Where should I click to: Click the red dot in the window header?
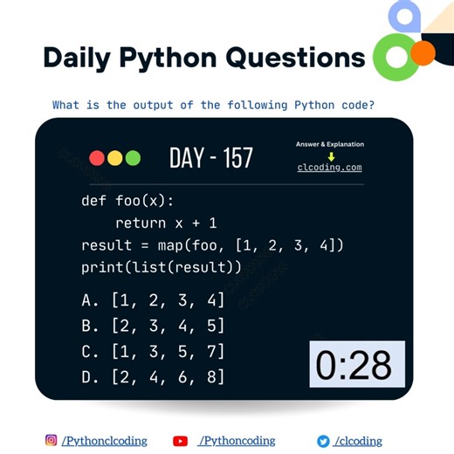[x=97, y=158]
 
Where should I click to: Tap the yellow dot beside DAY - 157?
[x=115, y=158]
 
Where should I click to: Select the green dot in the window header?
[x=133, y=158]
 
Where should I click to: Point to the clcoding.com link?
[x=329, y=168]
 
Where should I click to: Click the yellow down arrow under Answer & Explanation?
[x=331, y=156]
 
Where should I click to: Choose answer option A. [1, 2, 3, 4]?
[x=153, y=300]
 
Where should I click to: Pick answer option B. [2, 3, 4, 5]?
[x=153, y=326]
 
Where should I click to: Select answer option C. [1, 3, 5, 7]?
[x=153, y=351]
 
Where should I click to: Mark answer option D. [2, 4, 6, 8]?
[x=153, y=376]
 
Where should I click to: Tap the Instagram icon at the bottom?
[x=51, y=441]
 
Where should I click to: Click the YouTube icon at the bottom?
[x=181, y=441]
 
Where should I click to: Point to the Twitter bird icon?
[x=323, y=441]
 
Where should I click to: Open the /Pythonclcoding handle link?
[x=104, y=441]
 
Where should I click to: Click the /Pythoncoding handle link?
[x=237, y=441]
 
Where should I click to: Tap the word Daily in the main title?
[x=79, y=58]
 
